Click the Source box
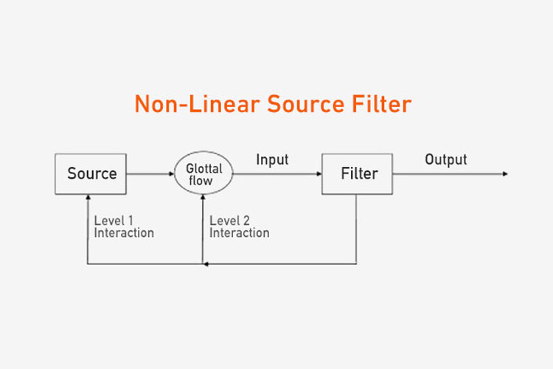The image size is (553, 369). pos(91,174)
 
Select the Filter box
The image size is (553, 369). pos(357,174)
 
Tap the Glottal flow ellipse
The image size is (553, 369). pos(204,174)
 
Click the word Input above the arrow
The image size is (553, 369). pos(272,159)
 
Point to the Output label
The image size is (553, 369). pos(445,159)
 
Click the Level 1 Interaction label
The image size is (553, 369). pos(123,227)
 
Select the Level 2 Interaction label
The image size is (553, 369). pos(239,227)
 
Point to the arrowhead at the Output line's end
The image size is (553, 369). pos(505,174)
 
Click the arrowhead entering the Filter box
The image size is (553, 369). pos(319,174)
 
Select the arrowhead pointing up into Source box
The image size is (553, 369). pos(88,198)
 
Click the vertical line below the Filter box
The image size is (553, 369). pos(357,229)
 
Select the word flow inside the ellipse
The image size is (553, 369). pos(204,181)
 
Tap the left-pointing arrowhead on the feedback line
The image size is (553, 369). pos(206,263)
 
